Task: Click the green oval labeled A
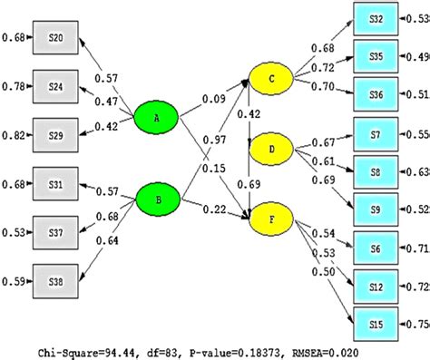coord(158,117)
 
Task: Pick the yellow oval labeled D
coord(273,147)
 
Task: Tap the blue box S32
coord(376,19)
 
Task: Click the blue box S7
coord(376,134)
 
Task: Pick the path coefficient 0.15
coord(217,169)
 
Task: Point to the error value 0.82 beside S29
coord(14,133)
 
